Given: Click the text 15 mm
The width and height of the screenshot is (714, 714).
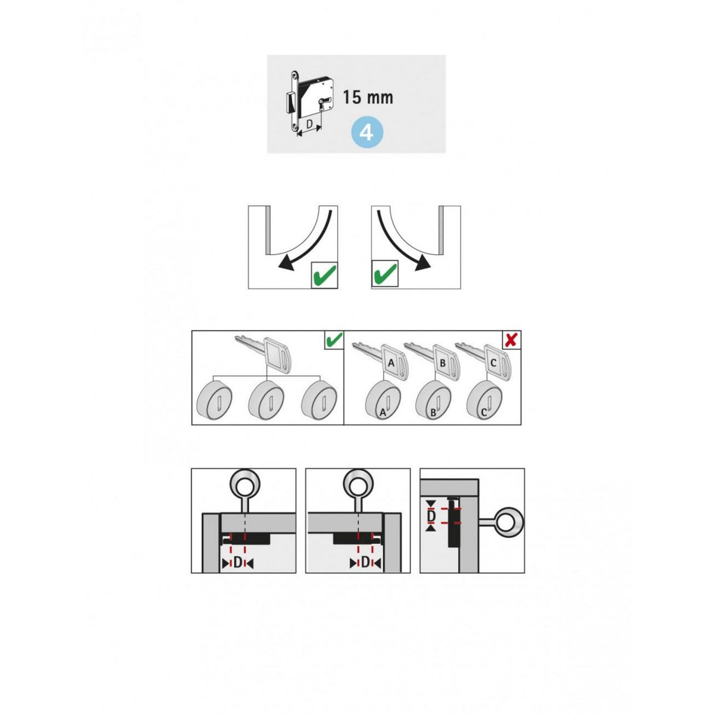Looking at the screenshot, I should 368,97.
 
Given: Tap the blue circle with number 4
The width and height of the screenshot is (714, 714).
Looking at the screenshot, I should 367,132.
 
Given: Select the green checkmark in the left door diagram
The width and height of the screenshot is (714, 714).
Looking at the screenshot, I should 324,275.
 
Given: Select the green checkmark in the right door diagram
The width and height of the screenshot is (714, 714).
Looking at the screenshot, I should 384,275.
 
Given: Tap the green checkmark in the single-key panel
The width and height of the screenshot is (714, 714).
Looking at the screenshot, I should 334,340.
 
